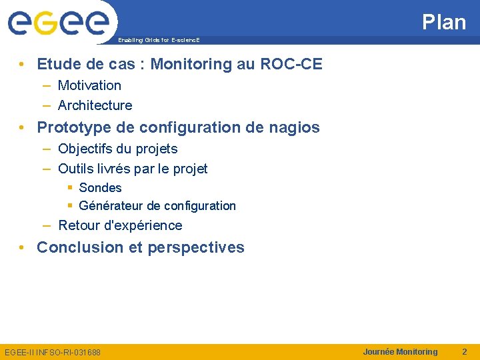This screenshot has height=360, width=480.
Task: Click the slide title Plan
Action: [x=444, y=22]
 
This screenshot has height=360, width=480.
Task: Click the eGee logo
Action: [x=59, y=23]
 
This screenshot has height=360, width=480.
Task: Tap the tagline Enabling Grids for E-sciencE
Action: [x=159, y=41]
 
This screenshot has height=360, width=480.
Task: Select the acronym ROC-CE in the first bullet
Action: [x=291, y=64]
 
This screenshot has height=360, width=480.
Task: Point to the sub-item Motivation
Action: [x=89, y=85]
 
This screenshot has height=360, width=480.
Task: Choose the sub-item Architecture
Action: [x=95, y=105]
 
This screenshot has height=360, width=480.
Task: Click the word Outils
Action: [x=75, y=169]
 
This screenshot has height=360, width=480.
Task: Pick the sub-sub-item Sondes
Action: [x=100, y=188]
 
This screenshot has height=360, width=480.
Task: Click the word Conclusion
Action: [x=80, y=247]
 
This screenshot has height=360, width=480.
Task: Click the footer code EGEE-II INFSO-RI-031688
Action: [x=53, y=352]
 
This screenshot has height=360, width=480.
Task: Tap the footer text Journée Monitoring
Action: [x=400, y=351]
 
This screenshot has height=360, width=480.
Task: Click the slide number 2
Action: [x=465, y=351]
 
